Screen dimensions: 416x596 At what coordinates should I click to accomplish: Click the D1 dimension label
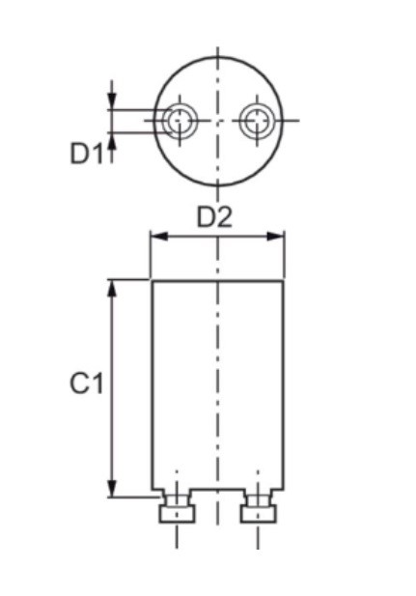point(87,154)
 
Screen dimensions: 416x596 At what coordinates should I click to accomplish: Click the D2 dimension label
point(214,217)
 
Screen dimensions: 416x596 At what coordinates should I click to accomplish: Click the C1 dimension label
point(86,383)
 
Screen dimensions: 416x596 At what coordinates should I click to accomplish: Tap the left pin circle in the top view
point(180,121)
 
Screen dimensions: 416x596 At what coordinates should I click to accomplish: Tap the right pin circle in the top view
point(257,121)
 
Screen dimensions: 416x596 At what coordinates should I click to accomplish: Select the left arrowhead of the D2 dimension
point(159,236)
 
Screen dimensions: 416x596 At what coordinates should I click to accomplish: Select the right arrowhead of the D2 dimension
point(275,236)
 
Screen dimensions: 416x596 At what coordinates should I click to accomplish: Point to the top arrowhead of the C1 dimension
point(111,289)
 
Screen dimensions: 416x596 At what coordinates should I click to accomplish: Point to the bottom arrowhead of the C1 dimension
point(111,489)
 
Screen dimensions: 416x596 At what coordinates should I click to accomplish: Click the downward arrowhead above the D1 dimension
point(111,101)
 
